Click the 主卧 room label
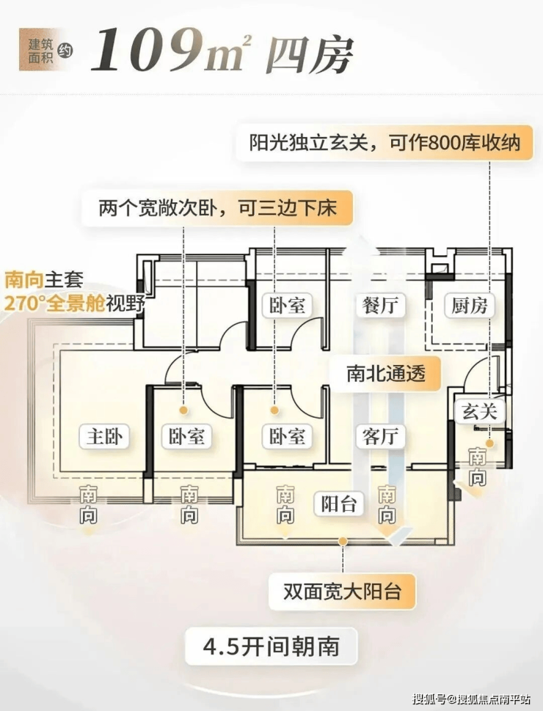tap(104, 436)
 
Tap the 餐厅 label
tap(379, 305)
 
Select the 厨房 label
tap(469, 305)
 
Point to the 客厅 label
tap(379, 436)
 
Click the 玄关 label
tap(479, 412)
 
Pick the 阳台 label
tap(339, 504)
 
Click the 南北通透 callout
tap(386, 374)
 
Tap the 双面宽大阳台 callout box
tap(343, 592)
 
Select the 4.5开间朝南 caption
tap(271, 646)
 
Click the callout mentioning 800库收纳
tap(384, 143)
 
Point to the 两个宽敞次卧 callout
tap(217, 208)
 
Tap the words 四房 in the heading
tap(310, 55)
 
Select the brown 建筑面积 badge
tap(39, 49)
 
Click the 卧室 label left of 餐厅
tap(286, 305)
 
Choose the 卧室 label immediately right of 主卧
tap(186, 436)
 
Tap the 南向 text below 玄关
tap(477, 467)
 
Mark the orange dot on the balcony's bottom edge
tap(343, 541)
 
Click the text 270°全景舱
tap(54, 303)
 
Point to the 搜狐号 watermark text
tap(429, 699)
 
